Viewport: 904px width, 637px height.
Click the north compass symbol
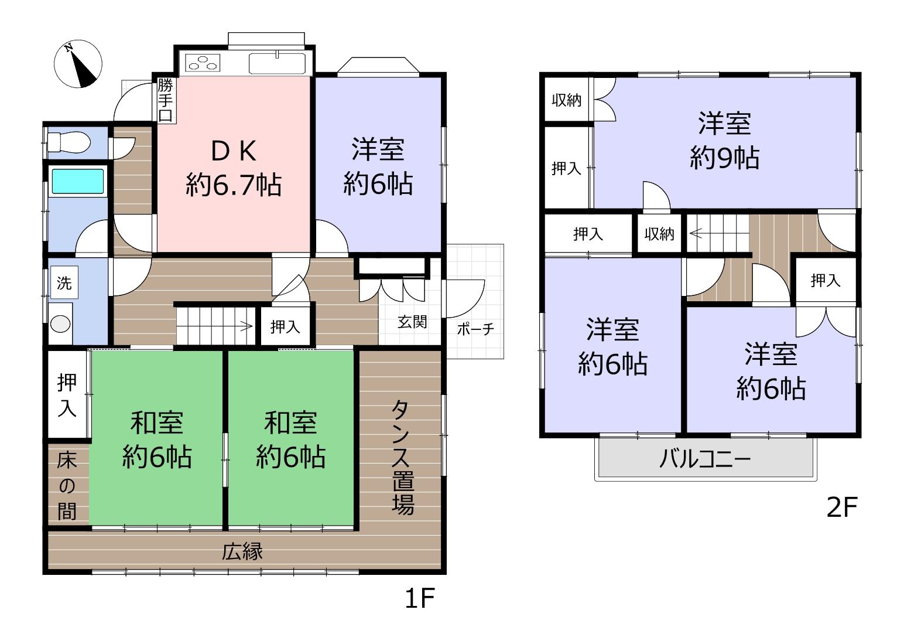78,64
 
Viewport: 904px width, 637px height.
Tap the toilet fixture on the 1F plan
68,142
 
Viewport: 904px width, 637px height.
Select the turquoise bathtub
78,181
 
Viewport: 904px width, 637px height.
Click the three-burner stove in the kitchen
203,63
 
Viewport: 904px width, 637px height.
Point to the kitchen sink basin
278,64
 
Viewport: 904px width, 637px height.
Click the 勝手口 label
166,100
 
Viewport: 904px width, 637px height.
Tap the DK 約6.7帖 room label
234,168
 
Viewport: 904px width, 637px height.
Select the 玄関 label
412,322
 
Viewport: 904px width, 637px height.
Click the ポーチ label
475,329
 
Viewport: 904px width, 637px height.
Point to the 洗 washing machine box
64,282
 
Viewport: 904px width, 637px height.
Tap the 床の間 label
67,486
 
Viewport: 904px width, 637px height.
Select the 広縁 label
242,551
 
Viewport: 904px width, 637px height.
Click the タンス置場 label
403,458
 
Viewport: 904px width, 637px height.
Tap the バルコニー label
705,459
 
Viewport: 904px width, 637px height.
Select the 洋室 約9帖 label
724,140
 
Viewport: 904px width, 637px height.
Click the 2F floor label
842,507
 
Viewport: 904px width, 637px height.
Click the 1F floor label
420,598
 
